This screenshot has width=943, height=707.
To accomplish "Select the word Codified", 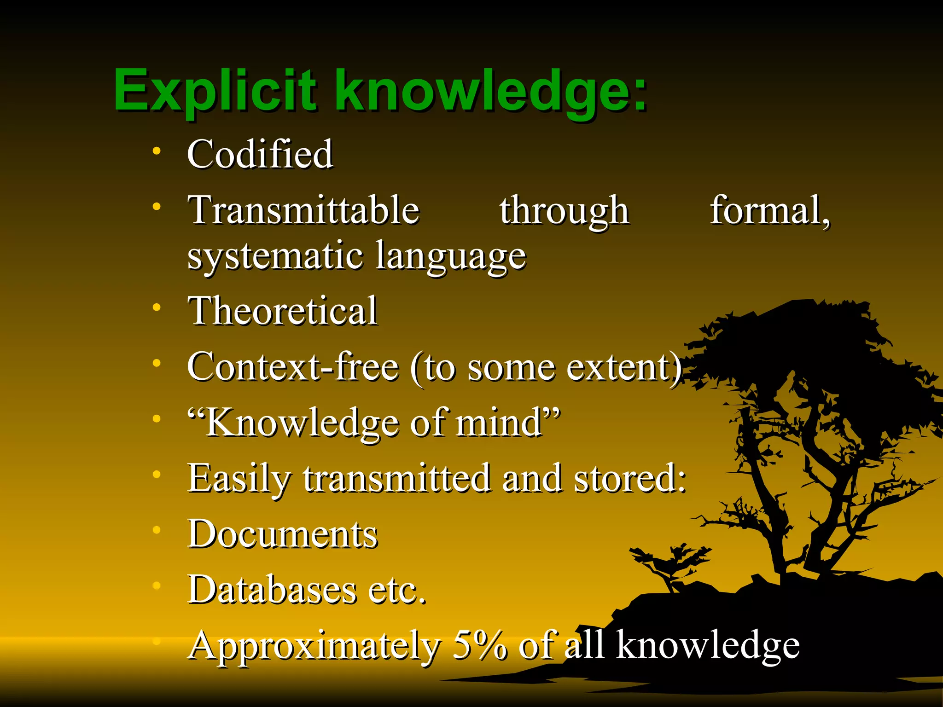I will coord(260,154).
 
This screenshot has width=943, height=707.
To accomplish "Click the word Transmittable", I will coord(303,210).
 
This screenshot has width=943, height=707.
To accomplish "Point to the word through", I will coord(564,211).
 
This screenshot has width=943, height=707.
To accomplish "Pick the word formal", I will coord(769,210).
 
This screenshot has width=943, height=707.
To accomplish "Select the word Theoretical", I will coord(282,311).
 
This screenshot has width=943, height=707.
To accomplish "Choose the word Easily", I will coord(239,479).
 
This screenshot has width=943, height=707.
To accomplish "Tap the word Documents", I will coord(282,534).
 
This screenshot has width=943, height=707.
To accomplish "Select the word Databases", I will coord(272,590).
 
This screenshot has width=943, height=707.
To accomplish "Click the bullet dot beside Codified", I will coord(157,151).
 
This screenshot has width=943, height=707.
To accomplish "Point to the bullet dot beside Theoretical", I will coord(157,307).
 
